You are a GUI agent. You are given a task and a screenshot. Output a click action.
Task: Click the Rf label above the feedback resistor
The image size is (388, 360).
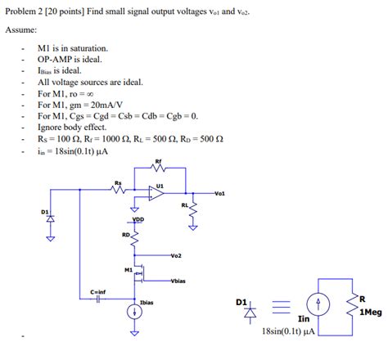pos(157,161)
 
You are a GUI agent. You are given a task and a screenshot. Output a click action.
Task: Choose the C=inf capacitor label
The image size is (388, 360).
pos(98,290)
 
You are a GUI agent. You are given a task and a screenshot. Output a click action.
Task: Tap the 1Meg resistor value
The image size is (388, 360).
pos(368,311)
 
